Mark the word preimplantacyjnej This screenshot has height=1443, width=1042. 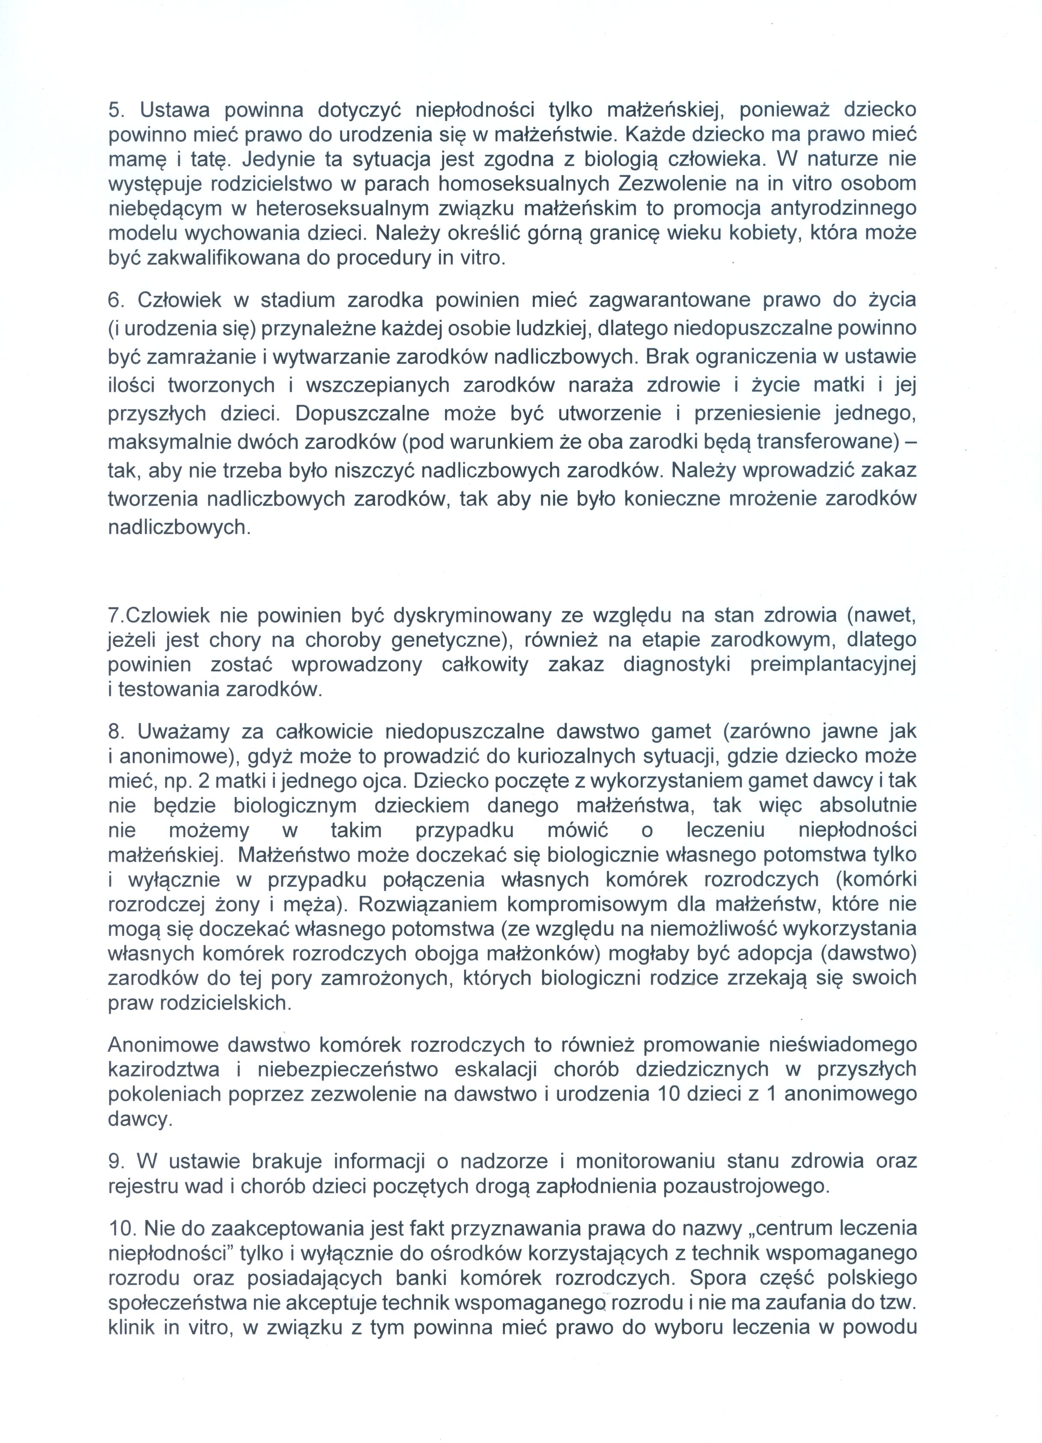[x=833, y=665]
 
